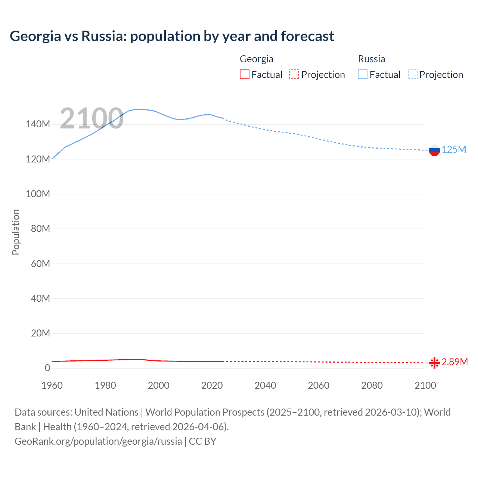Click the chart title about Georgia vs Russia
pyautogui.click(x=172, y=36)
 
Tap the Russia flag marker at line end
pyautogui.click(x=434, y=150)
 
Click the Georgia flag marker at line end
pyautogui.click(x=434, y=363)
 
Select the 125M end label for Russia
pyautogui.click(x=454, y=150)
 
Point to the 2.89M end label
pyautogui.click(x=454, y=362)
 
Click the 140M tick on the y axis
pyautogui.click(x=38, y=124)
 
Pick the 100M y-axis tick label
pyautogui.click(x=38, y=194)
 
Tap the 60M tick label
pyautogui.click(x=40, y=264)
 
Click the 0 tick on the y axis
pyautogui.click(x=47, y=368)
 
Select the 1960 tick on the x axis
pyautogui.click(x=52, y=385)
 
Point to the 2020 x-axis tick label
pyautogui.click(x=212, y=385)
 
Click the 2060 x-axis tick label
pyautogui.click(x=319, y=385)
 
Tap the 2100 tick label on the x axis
pyautogui.click(x=425, y=385)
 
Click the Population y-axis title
pyautogui.click(x=16, y=232)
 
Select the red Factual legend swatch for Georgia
pyautogui.click(x=245, y=75)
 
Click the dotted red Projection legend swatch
pyautogui.click(x=294, y=75)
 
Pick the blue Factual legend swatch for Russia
pyautogui.click(x=363, y=75)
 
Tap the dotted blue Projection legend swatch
pyautogui.click(x=413, y=75)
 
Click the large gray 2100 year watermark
pyautogui.click(x=91, y=118)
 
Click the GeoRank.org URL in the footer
pyautogui.click(x=98, y=441)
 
